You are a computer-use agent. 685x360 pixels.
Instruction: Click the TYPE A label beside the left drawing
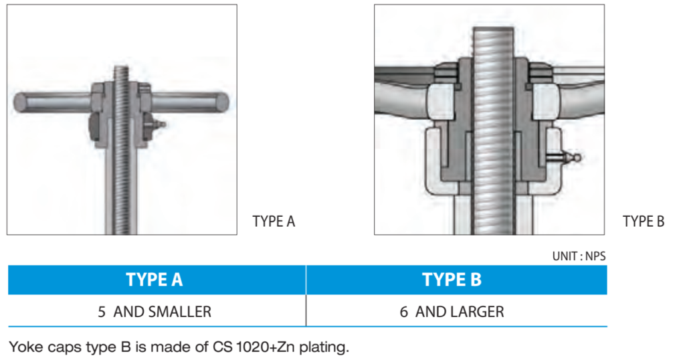tap(273, 221)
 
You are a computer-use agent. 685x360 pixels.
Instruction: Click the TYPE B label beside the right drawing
tap(643, 221)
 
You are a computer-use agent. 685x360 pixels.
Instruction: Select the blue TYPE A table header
tap(155, 280)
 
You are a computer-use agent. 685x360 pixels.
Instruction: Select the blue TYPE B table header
tap(452, 280)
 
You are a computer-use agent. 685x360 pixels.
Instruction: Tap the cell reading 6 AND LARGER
tap(452, 312)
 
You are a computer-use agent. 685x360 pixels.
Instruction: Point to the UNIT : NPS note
tap(579, 256)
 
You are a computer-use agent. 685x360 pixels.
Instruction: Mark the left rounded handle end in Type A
tap(20, 102)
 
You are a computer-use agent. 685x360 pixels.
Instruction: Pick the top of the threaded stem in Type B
tap(492, 31)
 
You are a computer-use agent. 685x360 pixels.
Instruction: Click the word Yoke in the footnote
tap(24, 347)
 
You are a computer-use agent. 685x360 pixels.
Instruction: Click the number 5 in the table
tap(102, 312)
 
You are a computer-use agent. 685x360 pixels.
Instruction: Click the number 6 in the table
tap(404, 312)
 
